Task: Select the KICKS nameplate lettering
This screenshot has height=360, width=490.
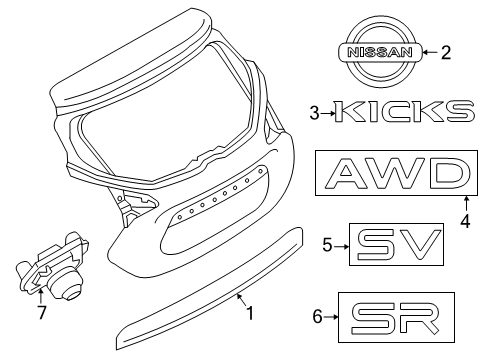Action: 403,111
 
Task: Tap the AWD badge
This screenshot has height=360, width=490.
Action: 395,177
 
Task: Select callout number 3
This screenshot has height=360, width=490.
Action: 315,113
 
